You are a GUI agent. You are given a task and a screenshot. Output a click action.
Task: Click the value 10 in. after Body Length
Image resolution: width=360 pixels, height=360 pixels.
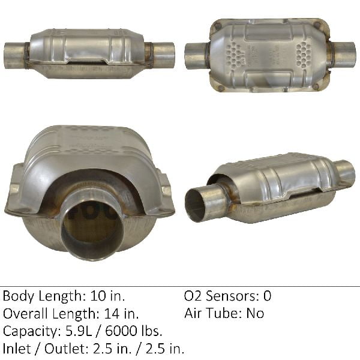tap(107, 296)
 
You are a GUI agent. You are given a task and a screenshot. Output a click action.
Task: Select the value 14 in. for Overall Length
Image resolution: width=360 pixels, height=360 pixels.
tap(121, 313)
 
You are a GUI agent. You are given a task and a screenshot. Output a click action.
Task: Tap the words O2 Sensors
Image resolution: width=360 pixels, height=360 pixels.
tap(221, 296)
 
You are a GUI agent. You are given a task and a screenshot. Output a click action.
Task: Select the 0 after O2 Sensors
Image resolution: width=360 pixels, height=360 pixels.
tap(267, 296)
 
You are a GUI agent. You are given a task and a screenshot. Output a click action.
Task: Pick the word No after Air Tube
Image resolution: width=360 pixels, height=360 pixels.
tap(255, 313)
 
